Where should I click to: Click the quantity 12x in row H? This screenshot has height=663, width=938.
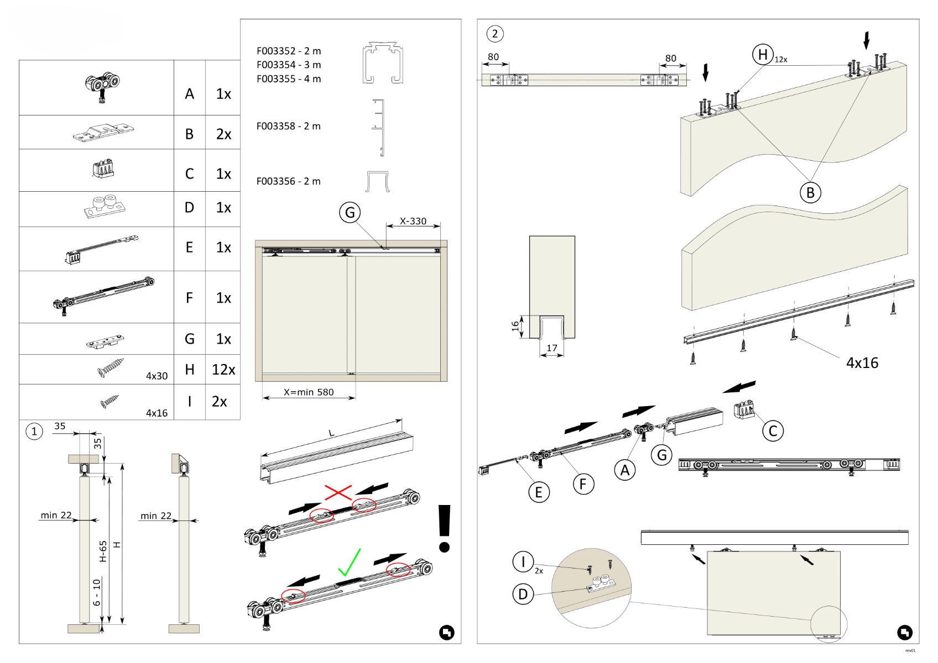coord(223,370)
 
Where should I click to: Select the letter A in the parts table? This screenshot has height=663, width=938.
coord(190,94)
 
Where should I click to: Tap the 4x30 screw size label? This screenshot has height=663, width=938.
coord(157,376)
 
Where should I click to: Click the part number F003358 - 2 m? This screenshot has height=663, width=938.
coord(288,126)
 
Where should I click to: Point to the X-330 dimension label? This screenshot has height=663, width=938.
coord(413,221)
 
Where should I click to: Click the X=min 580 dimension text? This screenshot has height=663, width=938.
coord(309,392)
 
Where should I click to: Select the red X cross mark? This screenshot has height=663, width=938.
coord(338,492)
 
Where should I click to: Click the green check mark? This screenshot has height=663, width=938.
coord(350,562)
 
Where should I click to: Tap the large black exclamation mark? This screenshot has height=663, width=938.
coord(445,528)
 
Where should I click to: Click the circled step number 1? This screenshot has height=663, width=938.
coord(34,431)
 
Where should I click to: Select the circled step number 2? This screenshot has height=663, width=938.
coord(495,34)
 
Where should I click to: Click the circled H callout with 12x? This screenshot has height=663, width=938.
coord(763,55)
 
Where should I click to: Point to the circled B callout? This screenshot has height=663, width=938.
coord(810,193)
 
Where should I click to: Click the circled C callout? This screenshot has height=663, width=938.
coord(773,431)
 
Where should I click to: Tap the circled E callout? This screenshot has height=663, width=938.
coord(539,492)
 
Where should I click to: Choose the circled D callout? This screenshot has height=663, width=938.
coord(523,594)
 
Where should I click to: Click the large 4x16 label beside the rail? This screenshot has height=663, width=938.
coord(862,363)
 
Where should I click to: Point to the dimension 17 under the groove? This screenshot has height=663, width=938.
coord(552,348)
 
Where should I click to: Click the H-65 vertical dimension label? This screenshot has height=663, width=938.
coord(103,551)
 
